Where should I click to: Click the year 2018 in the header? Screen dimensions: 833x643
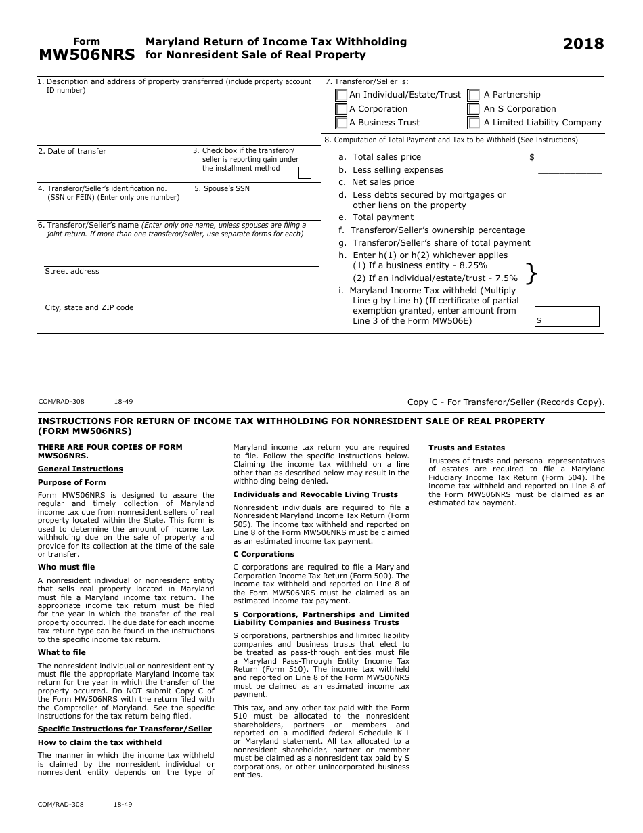(x=583, y=44)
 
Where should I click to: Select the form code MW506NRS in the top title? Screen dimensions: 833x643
(x=87, y=55)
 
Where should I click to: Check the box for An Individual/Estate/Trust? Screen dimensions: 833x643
(x=342, y=95)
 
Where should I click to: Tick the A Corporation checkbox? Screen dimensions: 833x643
(x=342, y=109)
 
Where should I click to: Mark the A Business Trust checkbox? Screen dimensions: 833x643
(x=342, y=123)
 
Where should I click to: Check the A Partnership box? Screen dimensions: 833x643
(x=474, y=95)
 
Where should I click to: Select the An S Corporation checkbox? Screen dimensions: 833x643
(x=474, y=109)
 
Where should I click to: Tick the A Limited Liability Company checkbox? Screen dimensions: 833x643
(x=474, y=123)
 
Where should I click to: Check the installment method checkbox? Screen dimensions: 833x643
(x=305, y=173)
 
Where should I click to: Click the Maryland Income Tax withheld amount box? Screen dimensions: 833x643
(x=567, y=316)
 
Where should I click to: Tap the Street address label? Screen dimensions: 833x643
(x=72, y=272)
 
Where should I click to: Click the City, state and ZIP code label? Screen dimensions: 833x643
(x=89, y=308)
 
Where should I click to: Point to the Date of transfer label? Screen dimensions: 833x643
(x=72, y=152)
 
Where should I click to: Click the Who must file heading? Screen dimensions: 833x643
(x=66, y=568)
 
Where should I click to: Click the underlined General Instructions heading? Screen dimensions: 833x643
(x=80, y=469)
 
